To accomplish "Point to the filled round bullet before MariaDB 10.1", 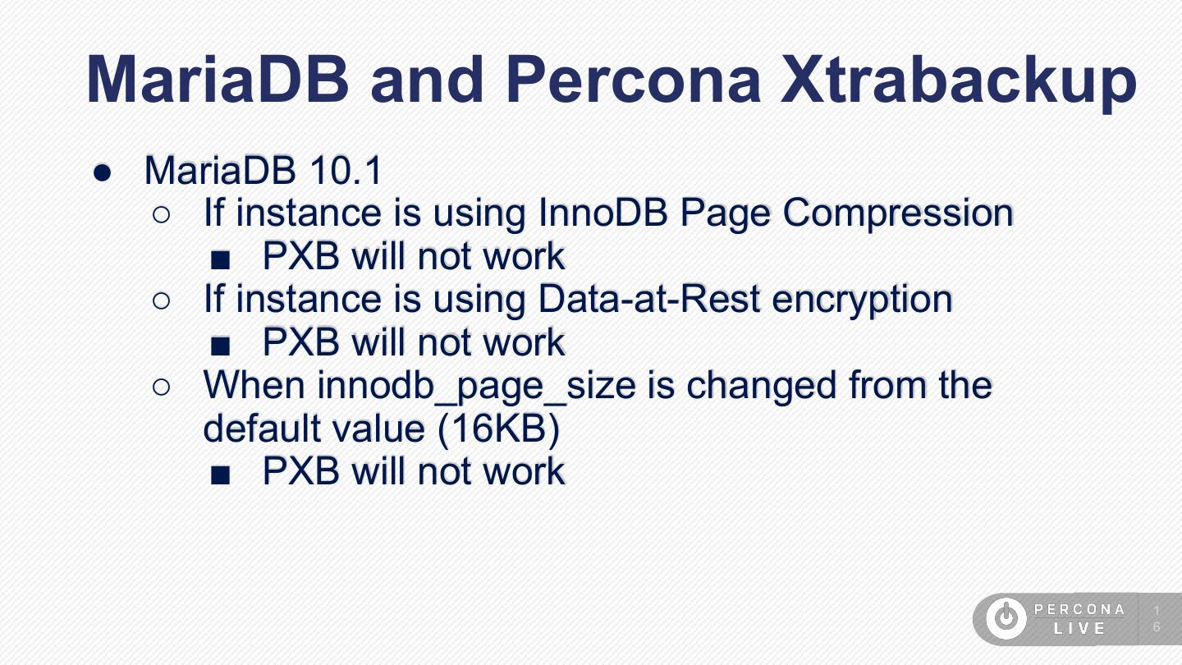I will tap(103, 172).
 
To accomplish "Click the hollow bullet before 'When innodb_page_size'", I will tap(162, 387).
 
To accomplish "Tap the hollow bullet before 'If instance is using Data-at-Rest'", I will tap(162, 300).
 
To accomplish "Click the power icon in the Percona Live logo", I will tap(1006, 618).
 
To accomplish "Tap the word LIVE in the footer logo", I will tap(1080, 629).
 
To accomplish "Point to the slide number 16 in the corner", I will tap(1157, 619).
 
